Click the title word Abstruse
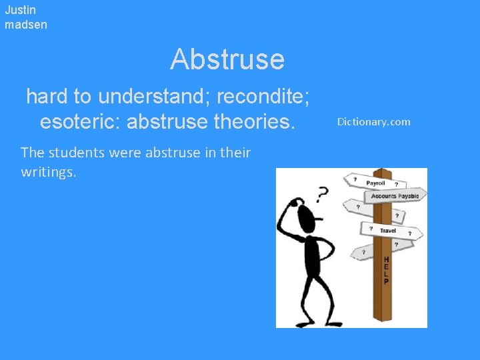tap(227, 59)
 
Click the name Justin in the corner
tap(20, 10)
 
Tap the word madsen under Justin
tap(26, 25)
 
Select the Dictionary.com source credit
tap(373, 121)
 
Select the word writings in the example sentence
tap(49, 172)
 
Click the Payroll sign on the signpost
tap(376, 183)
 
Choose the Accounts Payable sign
tap(395, 196)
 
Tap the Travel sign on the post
tap(388, 231)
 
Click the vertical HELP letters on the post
tap(386, 271)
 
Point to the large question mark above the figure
tap(323, 194)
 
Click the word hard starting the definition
tap(47, 97)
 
